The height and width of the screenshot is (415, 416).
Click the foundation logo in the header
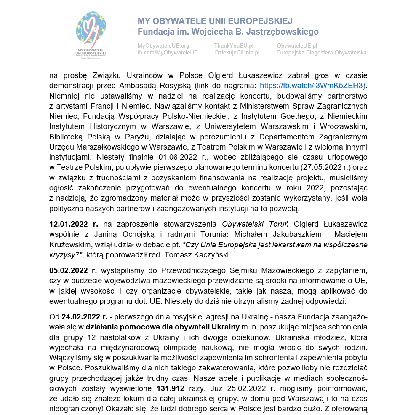[x=91, y=34]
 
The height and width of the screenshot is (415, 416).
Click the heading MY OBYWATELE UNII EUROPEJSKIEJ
[x=215, y=21]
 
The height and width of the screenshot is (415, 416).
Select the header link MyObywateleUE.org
[x=163, y=46]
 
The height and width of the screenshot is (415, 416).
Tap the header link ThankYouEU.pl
[x=233, y=46]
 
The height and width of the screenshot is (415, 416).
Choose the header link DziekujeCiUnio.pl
[x=237, y=53]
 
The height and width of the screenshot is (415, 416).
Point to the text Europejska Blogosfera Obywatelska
[x=321, y=53]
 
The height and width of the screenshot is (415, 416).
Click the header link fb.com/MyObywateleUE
[x=168, y=53]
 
